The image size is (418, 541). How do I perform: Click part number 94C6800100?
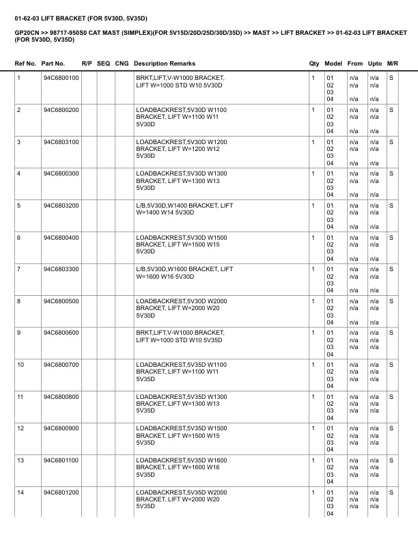61,78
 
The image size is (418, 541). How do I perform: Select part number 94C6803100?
61,141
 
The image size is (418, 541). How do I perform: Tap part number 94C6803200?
61,205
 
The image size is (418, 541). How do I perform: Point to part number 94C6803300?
61,269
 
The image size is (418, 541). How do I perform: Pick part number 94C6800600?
61,333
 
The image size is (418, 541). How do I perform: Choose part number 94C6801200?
61,492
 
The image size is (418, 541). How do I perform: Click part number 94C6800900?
61,428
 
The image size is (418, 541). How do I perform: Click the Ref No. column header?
26,64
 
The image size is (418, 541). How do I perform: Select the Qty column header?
314,64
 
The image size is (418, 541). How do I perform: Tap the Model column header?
333,64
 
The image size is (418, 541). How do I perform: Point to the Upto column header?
375,64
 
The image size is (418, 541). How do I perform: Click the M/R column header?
393,64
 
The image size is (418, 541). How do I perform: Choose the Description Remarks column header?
165,64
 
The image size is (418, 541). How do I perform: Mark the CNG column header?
122,64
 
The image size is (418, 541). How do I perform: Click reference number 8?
19,301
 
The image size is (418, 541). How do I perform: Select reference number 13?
20,460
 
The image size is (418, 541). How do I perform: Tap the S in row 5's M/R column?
391,205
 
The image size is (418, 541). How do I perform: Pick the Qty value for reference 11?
313,396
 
